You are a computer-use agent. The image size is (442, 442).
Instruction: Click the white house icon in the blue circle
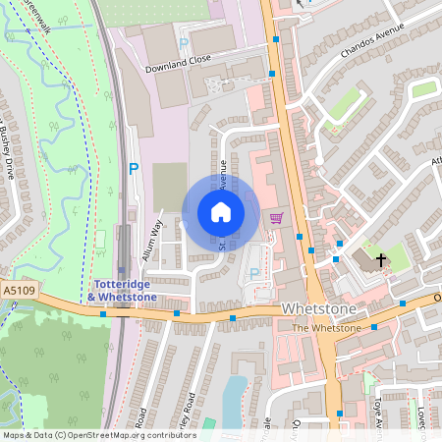(220, 212)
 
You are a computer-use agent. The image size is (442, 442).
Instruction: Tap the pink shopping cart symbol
(276, 218)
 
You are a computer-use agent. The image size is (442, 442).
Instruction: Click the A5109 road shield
(17, 291)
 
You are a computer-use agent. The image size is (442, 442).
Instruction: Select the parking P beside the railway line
(134, 169)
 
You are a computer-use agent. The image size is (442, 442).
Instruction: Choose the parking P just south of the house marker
(255, 273)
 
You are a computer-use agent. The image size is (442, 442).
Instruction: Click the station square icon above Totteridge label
(121, 270)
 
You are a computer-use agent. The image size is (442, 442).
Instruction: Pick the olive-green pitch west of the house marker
(169, 187)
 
